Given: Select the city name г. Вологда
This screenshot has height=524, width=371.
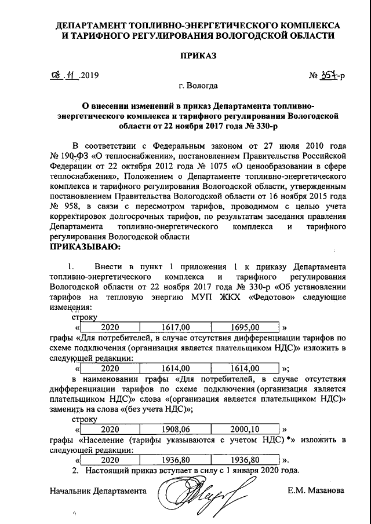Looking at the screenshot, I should coord(199,86).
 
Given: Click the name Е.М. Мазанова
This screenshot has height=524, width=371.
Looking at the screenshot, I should coord(315,490).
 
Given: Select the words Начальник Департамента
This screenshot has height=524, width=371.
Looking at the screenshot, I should coord(96,490).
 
